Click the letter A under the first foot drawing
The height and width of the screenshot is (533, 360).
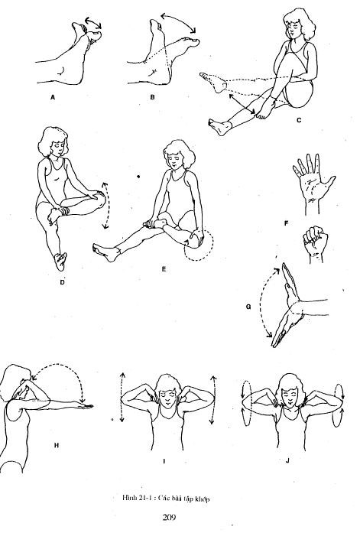(x=53, y=97)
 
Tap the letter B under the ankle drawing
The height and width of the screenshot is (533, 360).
(x=153, y=97)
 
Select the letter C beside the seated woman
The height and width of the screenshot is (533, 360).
(x=299, y=120)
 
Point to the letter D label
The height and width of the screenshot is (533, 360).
(x=62, y=282)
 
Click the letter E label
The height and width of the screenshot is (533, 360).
(x=164, y=269)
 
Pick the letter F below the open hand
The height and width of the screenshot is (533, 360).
(x=286, y=223)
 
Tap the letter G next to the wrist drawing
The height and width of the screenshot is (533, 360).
(x=248, y=307)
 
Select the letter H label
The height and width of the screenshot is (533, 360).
(x=57, y=445)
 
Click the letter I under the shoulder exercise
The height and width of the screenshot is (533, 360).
(x=164, y=461)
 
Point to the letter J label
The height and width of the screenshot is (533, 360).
(x=287, y=460)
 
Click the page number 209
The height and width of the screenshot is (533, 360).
(x=169, y=518)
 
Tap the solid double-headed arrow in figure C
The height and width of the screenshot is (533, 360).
(x=242, y=104)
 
